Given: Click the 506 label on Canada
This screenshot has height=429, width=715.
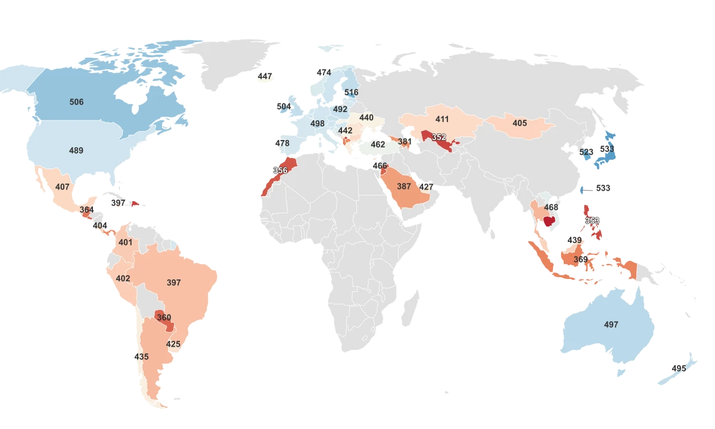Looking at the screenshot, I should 76,102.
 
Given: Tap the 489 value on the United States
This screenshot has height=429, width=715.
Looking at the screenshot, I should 76,151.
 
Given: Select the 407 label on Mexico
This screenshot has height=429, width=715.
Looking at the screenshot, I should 63,187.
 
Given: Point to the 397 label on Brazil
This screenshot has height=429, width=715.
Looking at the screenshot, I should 173,282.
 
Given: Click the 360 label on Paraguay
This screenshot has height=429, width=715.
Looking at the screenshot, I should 164,318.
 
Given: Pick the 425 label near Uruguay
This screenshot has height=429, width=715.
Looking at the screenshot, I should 173,344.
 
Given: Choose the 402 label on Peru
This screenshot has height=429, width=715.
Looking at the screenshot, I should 123,279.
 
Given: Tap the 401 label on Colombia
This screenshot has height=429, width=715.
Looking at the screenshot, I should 126,243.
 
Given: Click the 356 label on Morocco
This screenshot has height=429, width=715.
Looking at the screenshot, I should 280,171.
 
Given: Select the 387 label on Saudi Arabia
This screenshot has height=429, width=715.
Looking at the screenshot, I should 404,186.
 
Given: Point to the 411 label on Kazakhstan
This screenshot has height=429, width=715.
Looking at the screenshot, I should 442,119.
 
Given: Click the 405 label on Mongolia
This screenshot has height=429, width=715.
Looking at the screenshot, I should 520,123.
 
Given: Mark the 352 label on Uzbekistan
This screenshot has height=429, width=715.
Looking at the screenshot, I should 439,138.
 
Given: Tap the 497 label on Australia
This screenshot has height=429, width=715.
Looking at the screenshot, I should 611,325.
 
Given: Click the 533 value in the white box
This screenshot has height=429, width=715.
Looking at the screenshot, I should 603,188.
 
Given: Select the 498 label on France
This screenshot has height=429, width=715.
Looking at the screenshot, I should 318,124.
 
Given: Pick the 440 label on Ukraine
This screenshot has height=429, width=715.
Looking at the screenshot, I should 366,118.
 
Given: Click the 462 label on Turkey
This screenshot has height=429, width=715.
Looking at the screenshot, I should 378,144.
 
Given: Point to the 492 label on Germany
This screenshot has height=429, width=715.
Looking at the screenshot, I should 340,110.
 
